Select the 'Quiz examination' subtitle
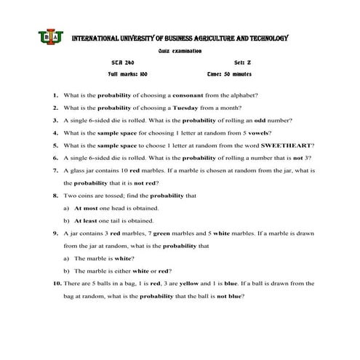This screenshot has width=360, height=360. (x=180, y=51)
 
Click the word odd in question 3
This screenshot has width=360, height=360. (x=269, y=120)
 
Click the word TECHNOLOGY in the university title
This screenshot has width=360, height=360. (x=265, y=38)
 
